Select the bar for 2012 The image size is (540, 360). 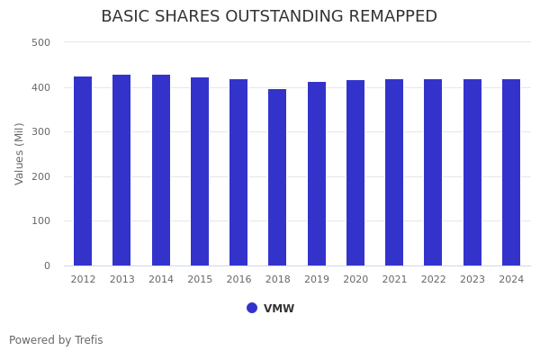click(83, 171)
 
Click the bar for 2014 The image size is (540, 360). click(161, 170)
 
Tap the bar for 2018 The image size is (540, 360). click(277, 177)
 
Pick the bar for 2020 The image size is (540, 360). click(355, 173)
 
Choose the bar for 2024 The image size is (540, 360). click(511, 172)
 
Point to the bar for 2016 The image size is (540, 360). click(238, 172)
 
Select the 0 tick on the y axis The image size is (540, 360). click(46, 265)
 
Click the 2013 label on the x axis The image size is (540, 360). click(121, 280)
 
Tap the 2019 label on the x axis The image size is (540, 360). click(317, 280)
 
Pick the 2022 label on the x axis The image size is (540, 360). click(433, 280)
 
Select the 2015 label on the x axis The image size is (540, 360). click(200, 280)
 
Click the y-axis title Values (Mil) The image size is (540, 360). click(20, 153)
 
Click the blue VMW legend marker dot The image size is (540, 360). click(252, 308)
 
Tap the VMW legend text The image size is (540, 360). click(279, 309)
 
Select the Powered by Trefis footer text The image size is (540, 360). click(56, 340)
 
